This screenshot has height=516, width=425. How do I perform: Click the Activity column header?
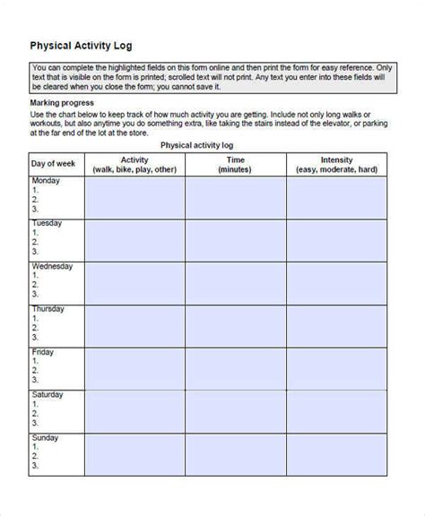click(x=134, y=163)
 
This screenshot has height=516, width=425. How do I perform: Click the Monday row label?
click(x=46, y=181)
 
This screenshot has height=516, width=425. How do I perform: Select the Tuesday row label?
click(x=47, y=223)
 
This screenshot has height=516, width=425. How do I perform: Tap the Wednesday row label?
click(x=52, y=266)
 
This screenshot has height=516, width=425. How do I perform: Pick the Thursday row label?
click(x=48, y=309)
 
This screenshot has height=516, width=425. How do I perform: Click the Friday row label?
click(x=42, y=352)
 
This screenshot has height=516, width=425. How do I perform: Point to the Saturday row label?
click(x=48, y=395)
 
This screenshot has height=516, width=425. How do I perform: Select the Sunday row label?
click(x=46, y=438)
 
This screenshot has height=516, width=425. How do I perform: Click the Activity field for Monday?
click(x=134, y=197)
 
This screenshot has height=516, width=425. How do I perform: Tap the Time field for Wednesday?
click(x=235, y=282)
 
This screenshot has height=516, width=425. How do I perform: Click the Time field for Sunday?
click(x=235, y=453)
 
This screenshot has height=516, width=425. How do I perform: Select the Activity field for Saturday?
click(x=134, y=411)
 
